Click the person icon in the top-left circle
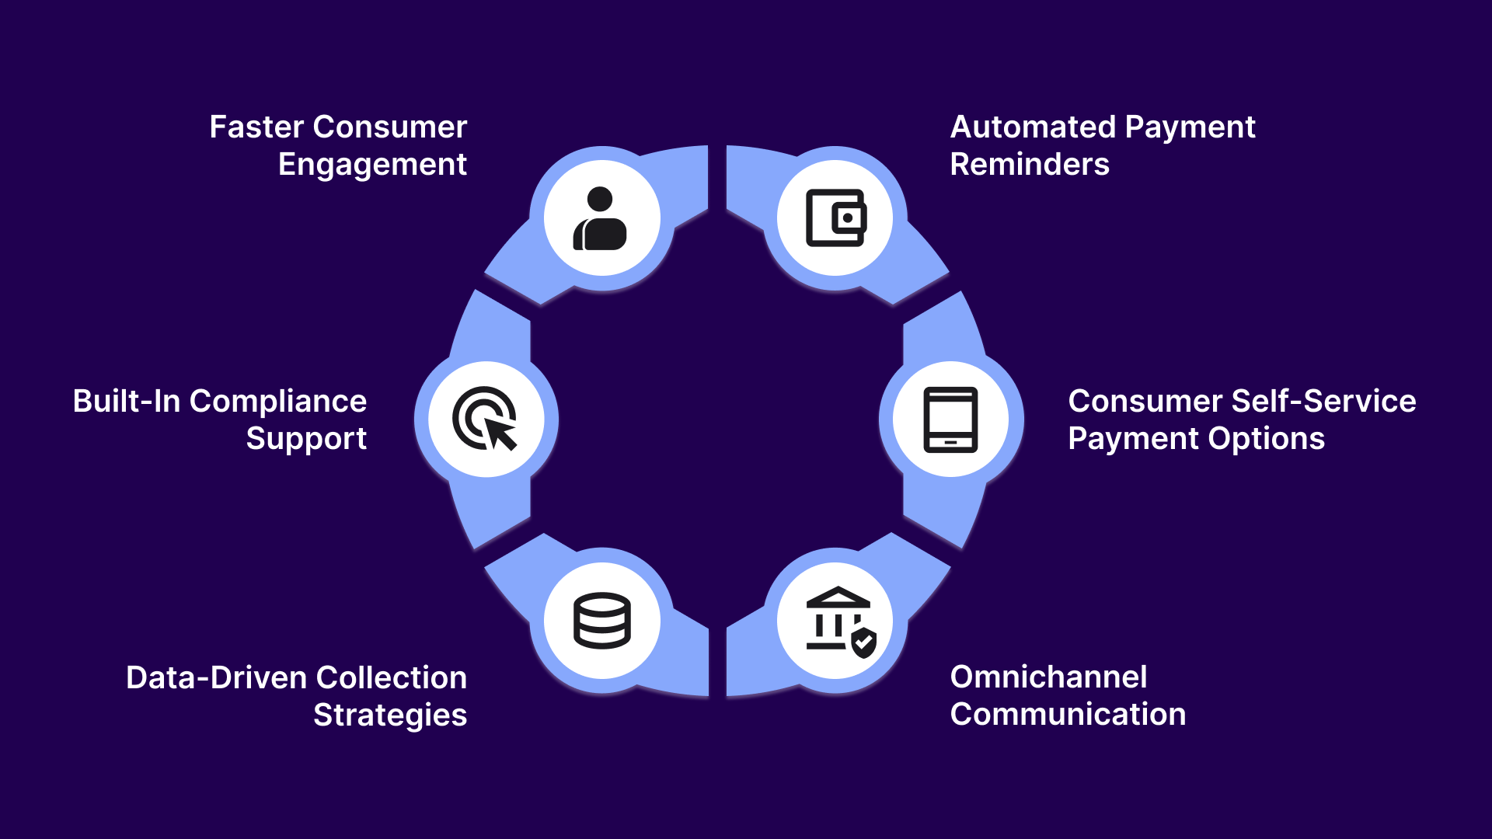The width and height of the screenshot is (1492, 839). coord(601,220)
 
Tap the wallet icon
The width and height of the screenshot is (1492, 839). coord(835,218)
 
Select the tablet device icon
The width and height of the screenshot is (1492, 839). coord(950,419)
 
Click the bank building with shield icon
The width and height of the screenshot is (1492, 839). coord(840,621)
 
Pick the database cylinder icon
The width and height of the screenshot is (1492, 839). coord(601,621)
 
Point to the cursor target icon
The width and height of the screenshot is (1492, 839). coord(486,419)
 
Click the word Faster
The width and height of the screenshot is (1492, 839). coord(256,127)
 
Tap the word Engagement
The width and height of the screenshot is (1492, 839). coord(372,165)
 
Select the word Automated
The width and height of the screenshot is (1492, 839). coord(1033,127)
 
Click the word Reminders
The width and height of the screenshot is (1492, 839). coord(1030,165)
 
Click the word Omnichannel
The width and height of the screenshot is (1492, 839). coord(1048,677)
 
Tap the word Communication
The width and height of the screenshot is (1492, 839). coord(1068,715)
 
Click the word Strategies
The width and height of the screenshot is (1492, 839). coord(390,715)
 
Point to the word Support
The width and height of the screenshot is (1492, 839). coord(306,439)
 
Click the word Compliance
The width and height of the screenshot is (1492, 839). coord(277,402)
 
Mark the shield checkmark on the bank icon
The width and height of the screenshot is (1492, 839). coord(864,643)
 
